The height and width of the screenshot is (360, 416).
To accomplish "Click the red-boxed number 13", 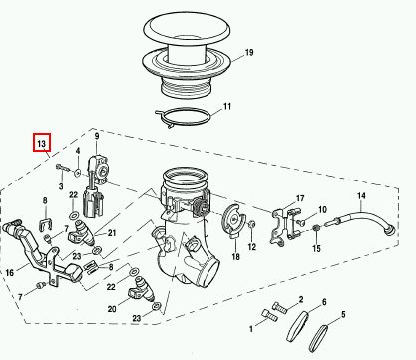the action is pos(41,142).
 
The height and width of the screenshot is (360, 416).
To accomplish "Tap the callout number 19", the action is pos(249,52).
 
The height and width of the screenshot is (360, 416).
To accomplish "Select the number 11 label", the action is pos(227,107).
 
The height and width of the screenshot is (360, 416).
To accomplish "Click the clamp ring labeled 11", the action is pos(183,118).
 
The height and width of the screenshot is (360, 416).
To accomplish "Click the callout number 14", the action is pos(361,196).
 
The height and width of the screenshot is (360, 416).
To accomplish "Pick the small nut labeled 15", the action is pos(316,228).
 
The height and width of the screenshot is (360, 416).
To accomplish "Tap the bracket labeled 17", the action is pos(284,226).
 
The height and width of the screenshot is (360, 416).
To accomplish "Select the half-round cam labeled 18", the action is pos(234,219).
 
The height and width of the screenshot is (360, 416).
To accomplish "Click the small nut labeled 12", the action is pos(251,224).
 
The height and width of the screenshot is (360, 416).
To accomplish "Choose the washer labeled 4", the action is pos(78,173).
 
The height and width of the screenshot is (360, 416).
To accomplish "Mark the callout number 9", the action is pos(97,136).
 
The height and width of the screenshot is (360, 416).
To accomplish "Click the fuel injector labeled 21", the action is pos(81,232).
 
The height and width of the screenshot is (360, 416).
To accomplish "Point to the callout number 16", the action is pos(10,273).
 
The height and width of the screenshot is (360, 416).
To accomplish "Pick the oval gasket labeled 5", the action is pos(318,338).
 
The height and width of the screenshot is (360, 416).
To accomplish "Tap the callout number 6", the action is pos(324,302).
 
